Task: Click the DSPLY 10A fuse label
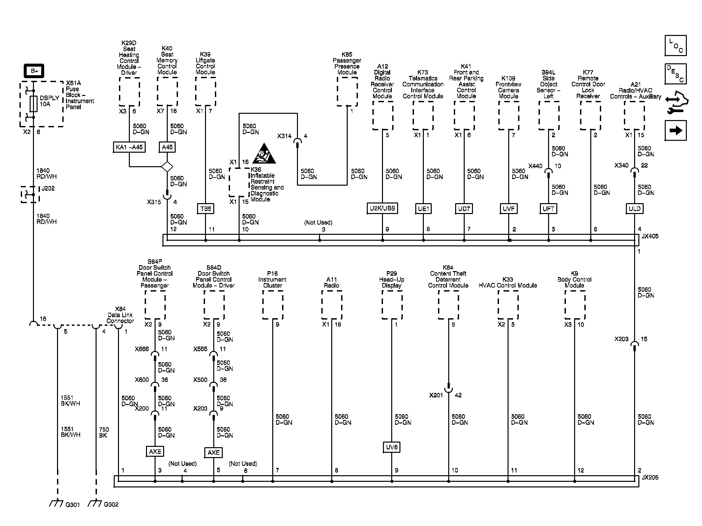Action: pyautogui.click(x=49, y=101)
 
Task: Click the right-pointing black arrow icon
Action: pyautogui.click(x=675, y=131)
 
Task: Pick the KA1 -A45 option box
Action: pyautogui.click(x=129, y=147)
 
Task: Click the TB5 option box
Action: pyautogui.click(x=205, y=208)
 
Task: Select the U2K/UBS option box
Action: pyautogui.click(x=382, y=208)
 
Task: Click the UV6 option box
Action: pyautogui.click(x=392, y=447)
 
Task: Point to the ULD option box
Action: pyautogui.click(x=634, y=208)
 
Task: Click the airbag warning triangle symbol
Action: pyautogui.click(x=264, y=154)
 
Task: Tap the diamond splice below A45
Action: pyautogui.click(x=167, y=167)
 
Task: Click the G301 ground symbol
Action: pyautogui.click(x=57, y=504)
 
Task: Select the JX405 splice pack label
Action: pyautogui.click(x=650, y=236)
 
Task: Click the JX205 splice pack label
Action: pyautogui.click(x=650, y=478)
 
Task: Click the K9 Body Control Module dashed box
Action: pyautogui.click(x=575, y=305)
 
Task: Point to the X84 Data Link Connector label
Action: pyautogui.click(x=120, y=315)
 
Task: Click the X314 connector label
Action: pyautogui.click(x=284, y=136)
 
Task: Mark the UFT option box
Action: pyautogui.click(x=548, y=208)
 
